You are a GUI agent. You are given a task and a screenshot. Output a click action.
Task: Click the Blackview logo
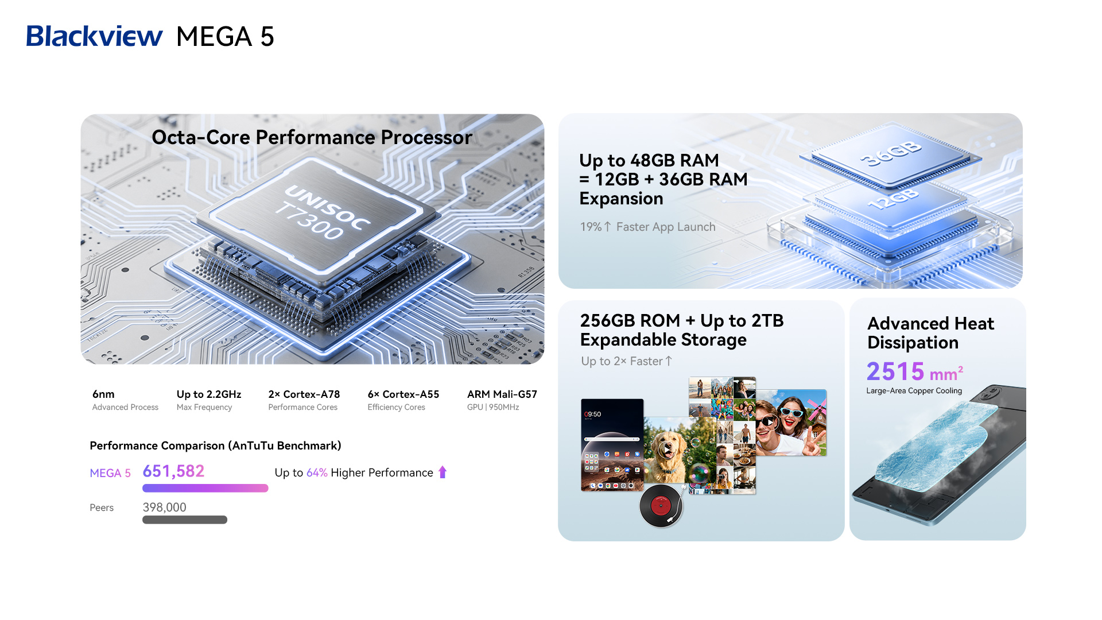[95, 36]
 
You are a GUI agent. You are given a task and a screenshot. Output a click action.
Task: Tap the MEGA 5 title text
[225, 37]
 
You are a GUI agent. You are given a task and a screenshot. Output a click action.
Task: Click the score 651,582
[173, 471]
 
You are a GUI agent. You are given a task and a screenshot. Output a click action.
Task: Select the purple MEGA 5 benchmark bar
[205, 488]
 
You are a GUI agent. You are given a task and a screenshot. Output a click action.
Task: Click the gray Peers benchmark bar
[185, 520]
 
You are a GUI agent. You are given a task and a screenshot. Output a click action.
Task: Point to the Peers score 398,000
[165, 507]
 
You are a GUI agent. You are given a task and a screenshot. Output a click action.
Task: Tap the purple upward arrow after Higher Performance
[443, 472]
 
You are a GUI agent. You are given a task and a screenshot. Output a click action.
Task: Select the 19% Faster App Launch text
[647, 227]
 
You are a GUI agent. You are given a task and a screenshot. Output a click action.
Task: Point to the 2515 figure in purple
[895, 371]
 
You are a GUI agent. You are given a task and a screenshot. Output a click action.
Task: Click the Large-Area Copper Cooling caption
[914, 391]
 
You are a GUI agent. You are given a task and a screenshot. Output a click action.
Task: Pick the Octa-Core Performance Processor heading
[312, 137]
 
